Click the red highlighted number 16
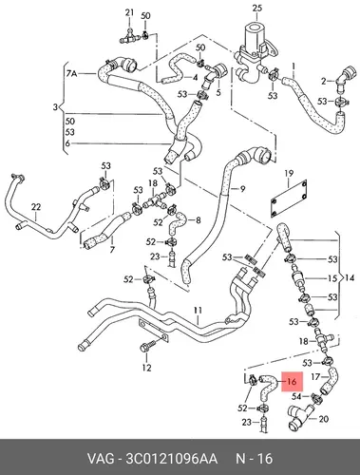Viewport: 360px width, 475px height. coord(292,382)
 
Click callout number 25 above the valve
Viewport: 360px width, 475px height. coord(257,8)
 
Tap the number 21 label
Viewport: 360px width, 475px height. coord(129,12)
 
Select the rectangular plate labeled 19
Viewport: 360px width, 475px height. coord(289,199)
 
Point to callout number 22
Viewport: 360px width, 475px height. coord(36,207)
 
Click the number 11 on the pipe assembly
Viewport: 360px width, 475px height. coord(198,310)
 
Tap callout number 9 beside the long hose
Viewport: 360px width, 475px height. coord(242,189)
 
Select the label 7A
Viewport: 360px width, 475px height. coord(71,74)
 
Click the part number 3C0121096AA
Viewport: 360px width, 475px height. coord(171,458)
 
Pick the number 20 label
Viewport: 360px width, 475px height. coord(323,419)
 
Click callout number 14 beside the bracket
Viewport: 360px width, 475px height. coord(350,278)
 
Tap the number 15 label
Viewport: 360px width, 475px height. coord(332,278)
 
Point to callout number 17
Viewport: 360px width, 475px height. coord(315,377)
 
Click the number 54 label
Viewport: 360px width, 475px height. coord(296,396)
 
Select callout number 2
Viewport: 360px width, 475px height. coord(323,82)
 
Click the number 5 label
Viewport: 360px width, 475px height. coord(218,92)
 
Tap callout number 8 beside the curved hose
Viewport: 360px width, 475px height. coord(199,219)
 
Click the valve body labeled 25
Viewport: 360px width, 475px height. coord(255,53)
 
